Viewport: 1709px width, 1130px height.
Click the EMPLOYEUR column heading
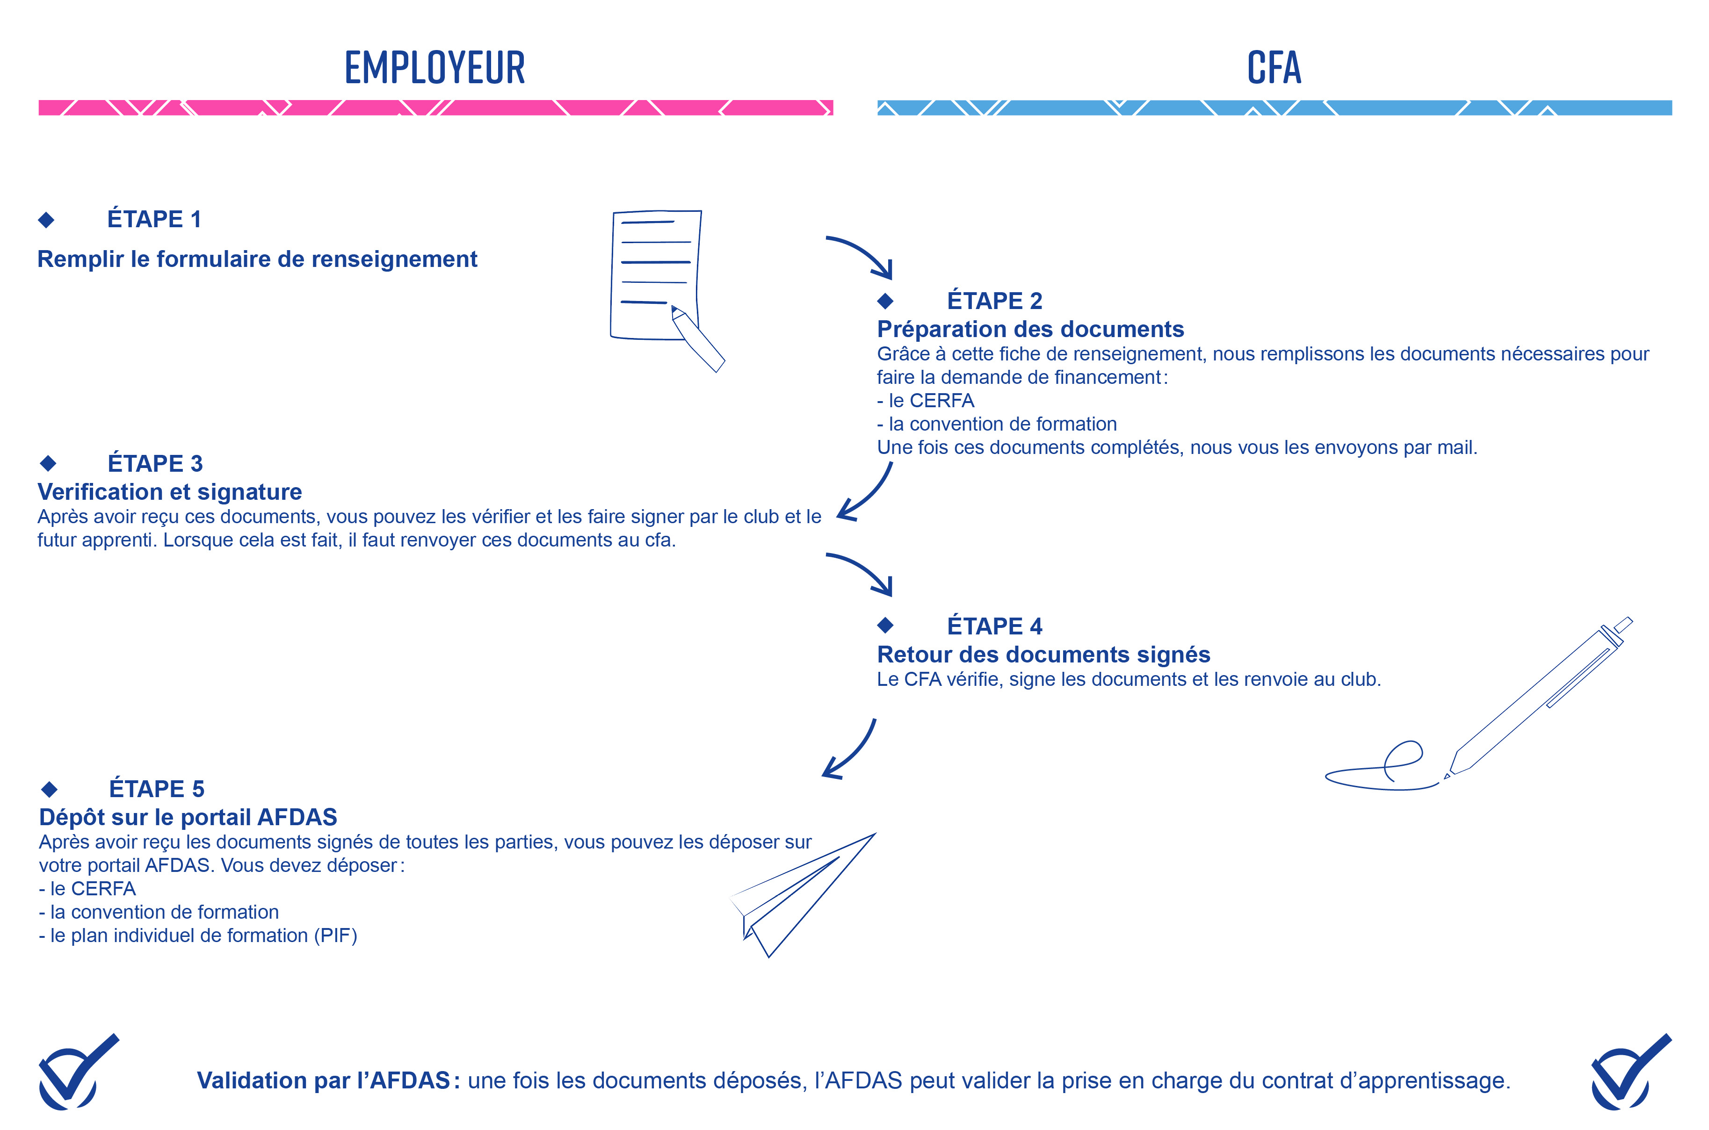(434, 68)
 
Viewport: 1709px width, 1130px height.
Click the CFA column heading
(1274, 68)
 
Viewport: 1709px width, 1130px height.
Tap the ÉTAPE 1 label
(154, 219)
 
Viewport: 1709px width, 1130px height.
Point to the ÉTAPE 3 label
(155, 463)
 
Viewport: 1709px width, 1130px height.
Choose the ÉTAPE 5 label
(156, 789)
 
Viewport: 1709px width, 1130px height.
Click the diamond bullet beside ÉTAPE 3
(48, 463)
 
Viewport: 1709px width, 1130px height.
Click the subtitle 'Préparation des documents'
(1030, 329)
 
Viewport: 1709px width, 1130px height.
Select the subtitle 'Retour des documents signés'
(1043, 655)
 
